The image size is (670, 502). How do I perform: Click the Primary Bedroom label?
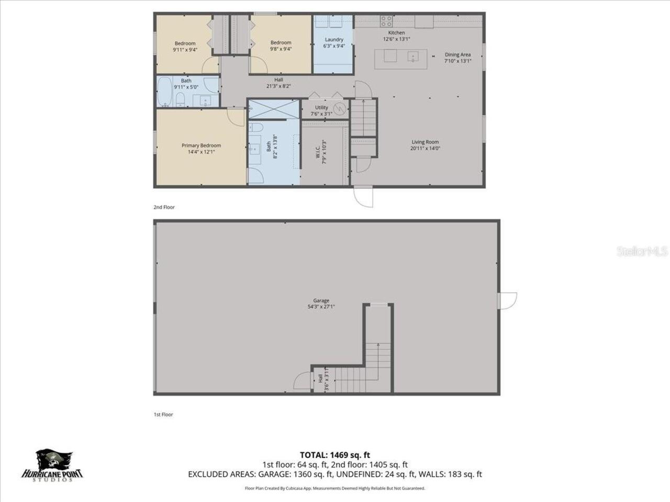(x=201, y=145)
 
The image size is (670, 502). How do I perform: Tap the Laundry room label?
(x=334, y=39)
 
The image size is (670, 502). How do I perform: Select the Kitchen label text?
(x=396, y=32)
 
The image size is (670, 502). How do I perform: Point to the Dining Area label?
(x=457, y=54)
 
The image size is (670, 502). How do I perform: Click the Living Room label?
(x=425, y=142)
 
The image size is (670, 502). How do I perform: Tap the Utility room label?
(x=321, y=107)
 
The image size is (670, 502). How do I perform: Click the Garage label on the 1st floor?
(x=321, y=301)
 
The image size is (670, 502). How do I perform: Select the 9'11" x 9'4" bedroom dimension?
(x=185, y=50)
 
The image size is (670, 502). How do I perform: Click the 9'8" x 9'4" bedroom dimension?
(x=281, y=49)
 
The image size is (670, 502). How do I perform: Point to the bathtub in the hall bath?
(x=164, y=93)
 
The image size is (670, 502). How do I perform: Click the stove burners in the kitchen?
(x=386, y=21)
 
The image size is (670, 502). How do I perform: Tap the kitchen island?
(x=405, y=56)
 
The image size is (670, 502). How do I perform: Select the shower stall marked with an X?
(x=273, y=109)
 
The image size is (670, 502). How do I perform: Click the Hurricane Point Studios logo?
(x=52, y=465)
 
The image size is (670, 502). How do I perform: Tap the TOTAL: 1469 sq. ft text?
(x=335, y=455)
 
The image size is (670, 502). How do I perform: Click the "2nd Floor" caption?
(x=164, y=207)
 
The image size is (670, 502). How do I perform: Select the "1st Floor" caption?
(x=163, y=414)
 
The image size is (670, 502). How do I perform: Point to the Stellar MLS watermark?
(x=642, y=252)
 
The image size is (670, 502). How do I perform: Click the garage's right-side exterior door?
(x=507, y=301)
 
